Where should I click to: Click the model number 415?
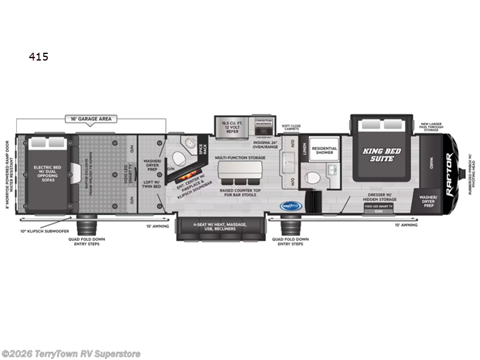38,58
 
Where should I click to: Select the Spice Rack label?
203,146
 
